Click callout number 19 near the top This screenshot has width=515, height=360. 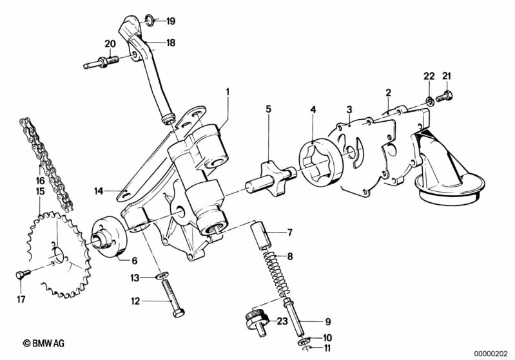(171, 21)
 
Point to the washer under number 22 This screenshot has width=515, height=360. (428, 100)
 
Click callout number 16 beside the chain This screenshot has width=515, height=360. (40, 181)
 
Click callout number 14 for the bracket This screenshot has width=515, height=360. (99, 191)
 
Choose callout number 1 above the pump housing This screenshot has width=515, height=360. (228, 91)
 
